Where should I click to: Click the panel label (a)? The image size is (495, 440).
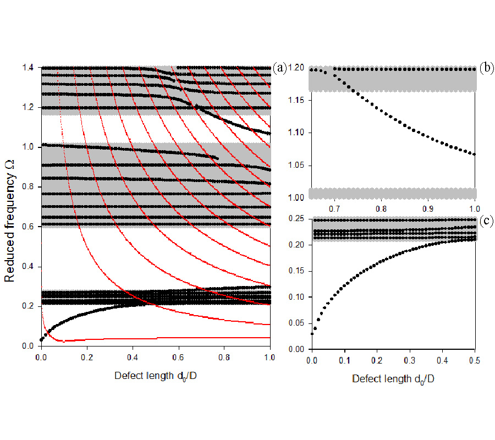(279, 68)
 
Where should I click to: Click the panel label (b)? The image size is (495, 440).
(486, 68)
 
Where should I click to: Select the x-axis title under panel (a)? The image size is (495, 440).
(155, 376)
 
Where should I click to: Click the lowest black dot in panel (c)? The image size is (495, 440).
(312, 334)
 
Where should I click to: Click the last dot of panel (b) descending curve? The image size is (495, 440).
(474, 155)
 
